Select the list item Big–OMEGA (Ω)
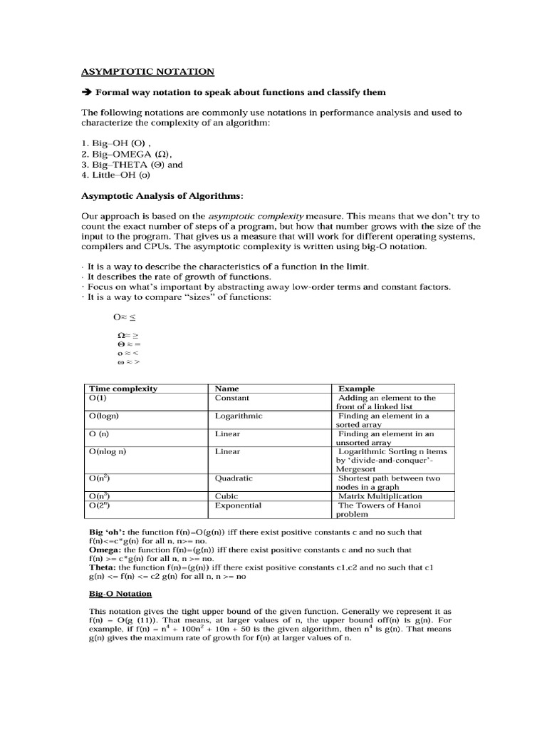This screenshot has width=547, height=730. [127, 154]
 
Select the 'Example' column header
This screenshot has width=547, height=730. [357, 389]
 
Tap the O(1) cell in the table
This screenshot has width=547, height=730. [100, 398]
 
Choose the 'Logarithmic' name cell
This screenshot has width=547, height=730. [239, 416]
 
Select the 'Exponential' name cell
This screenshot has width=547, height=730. [238, 505]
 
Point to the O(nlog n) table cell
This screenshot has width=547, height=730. [112, 451]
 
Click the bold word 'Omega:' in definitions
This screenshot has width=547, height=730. [105, 550]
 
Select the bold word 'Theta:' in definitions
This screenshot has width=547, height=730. [104, 567]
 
